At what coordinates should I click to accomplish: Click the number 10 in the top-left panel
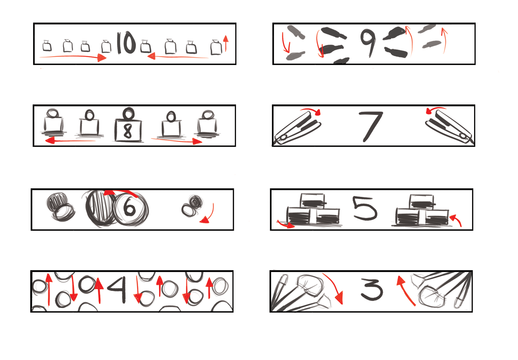(126, 43)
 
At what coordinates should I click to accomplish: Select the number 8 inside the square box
(128, 131)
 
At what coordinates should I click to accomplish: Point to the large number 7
(370, 126)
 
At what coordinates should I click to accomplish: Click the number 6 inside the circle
(129, 207)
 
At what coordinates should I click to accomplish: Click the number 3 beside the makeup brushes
(372, 289)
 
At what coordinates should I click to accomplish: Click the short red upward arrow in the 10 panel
(226, 43)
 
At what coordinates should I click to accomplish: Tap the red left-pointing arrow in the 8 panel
(70, 140)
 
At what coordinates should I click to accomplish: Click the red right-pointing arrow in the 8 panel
(176, 140)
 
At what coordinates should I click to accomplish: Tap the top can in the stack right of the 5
(422, 201)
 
